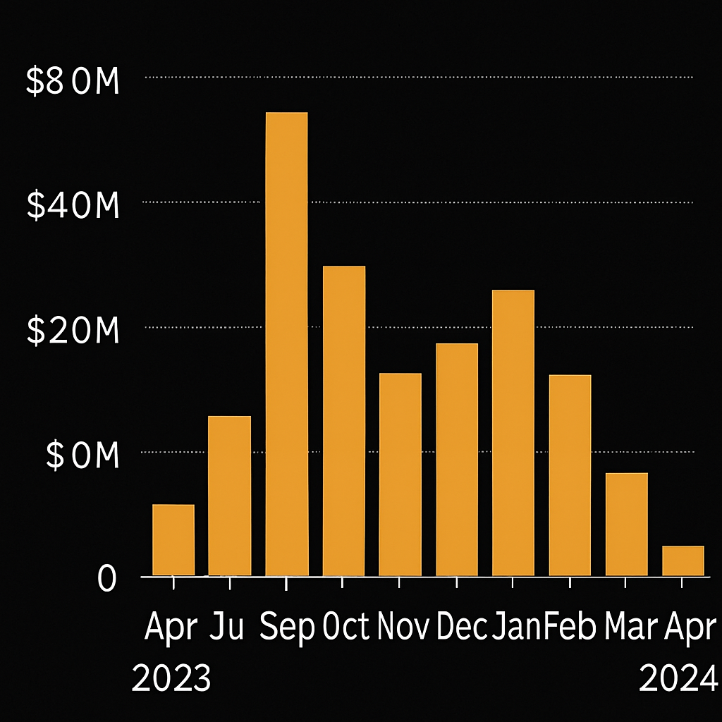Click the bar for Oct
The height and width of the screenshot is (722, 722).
(344, 421)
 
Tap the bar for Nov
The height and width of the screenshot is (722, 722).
(400, 475)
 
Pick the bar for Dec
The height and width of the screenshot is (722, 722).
(457, 460)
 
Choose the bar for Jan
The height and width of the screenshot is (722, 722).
(513, 433)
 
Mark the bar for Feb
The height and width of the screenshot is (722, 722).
(570, 475)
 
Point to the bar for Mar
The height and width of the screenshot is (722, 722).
(626, 524)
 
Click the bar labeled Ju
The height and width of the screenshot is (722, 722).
(229, 496)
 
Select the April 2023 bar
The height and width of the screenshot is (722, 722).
(173, 540)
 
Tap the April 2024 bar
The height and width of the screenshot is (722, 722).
(683, 561)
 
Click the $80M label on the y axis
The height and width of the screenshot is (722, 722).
(72, 82)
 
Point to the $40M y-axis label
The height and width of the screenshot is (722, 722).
(72, 207)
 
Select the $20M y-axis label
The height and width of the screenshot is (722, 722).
(72, 331)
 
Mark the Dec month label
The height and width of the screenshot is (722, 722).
(462, 626)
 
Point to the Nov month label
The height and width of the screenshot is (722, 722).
(404, 626)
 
